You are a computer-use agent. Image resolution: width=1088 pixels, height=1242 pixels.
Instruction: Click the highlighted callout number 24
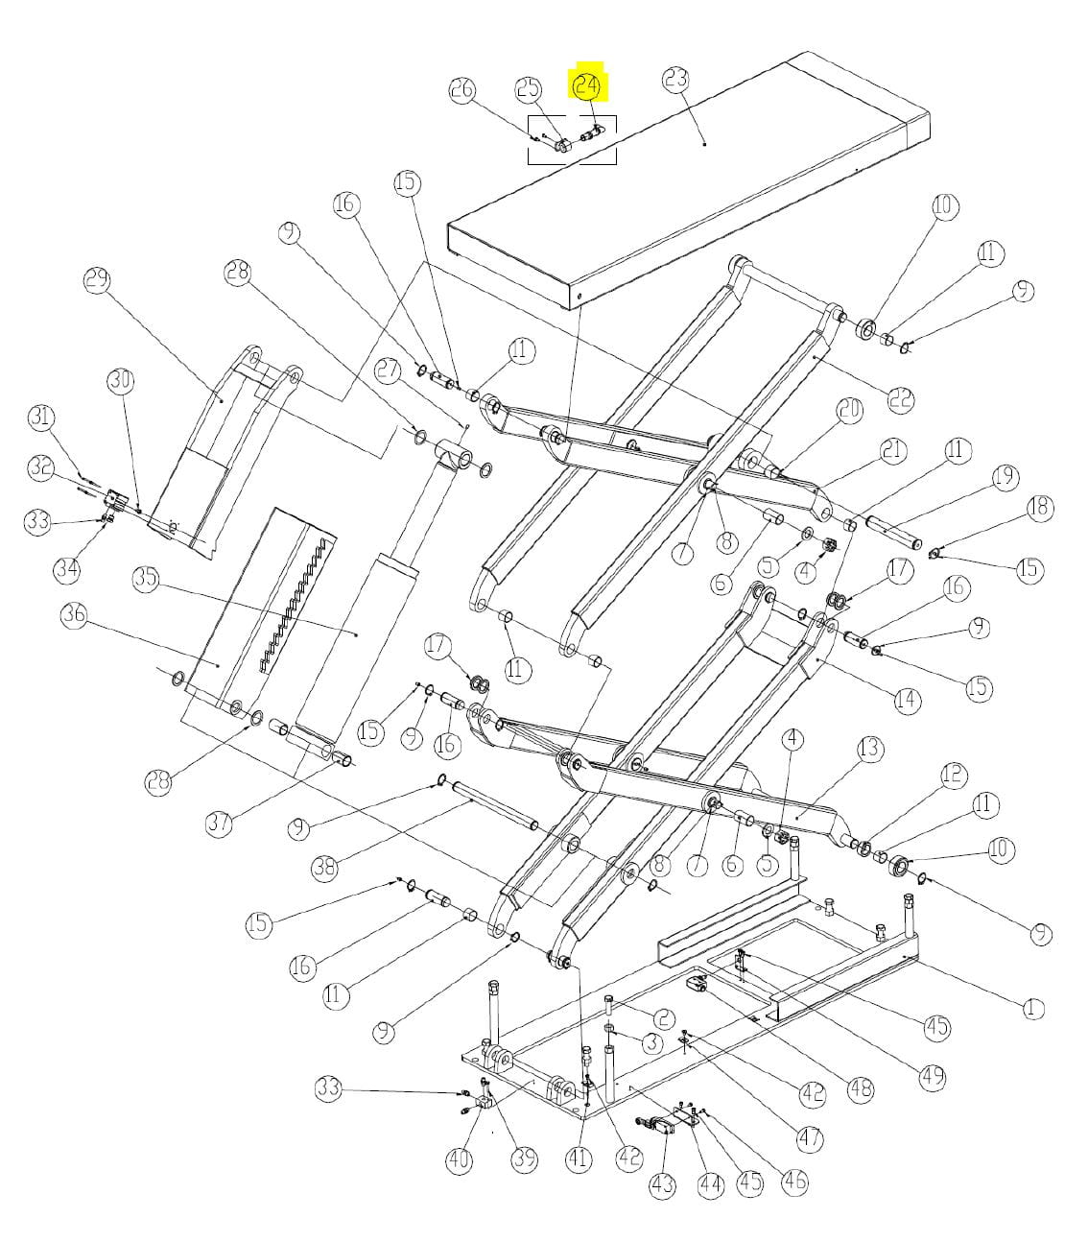[586, 86]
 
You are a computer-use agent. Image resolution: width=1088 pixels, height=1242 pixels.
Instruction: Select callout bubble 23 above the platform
[676, 79]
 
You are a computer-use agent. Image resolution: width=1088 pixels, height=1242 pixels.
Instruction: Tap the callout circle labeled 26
[462, 89]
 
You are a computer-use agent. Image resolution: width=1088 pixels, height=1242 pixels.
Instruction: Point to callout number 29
[97, 281]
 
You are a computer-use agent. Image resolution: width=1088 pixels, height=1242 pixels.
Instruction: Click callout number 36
[74, 615]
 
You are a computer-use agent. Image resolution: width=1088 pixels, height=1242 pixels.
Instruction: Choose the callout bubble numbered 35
[146, 580]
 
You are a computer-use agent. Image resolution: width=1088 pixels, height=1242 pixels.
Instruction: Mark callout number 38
[325, 868]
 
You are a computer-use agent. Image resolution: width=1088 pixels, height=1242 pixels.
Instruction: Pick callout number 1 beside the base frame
[1031, 1008]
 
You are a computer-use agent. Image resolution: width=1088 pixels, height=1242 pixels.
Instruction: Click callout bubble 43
[662, 1184]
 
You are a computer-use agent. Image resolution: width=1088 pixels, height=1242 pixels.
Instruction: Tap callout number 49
[932, 1077]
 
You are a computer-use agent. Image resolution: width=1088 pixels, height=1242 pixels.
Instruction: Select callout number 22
[900, 399]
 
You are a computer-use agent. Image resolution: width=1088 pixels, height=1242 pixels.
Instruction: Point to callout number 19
[1005, 476]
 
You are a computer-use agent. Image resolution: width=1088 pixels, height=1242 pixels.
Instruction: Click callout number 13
[869, 748]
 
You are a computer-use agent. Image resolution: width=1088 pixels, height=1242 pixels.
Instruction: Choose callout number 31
[41, 418]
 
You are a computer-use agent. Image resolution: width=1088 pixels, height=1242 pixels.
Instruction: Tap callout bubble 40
[460, 1159]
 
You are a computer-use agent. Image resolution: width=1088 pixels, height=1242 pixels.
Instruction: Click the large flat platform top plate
[691, 182]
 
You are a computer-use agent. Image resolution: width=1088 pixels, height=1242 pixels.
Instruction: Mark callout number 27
[388, 371]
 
